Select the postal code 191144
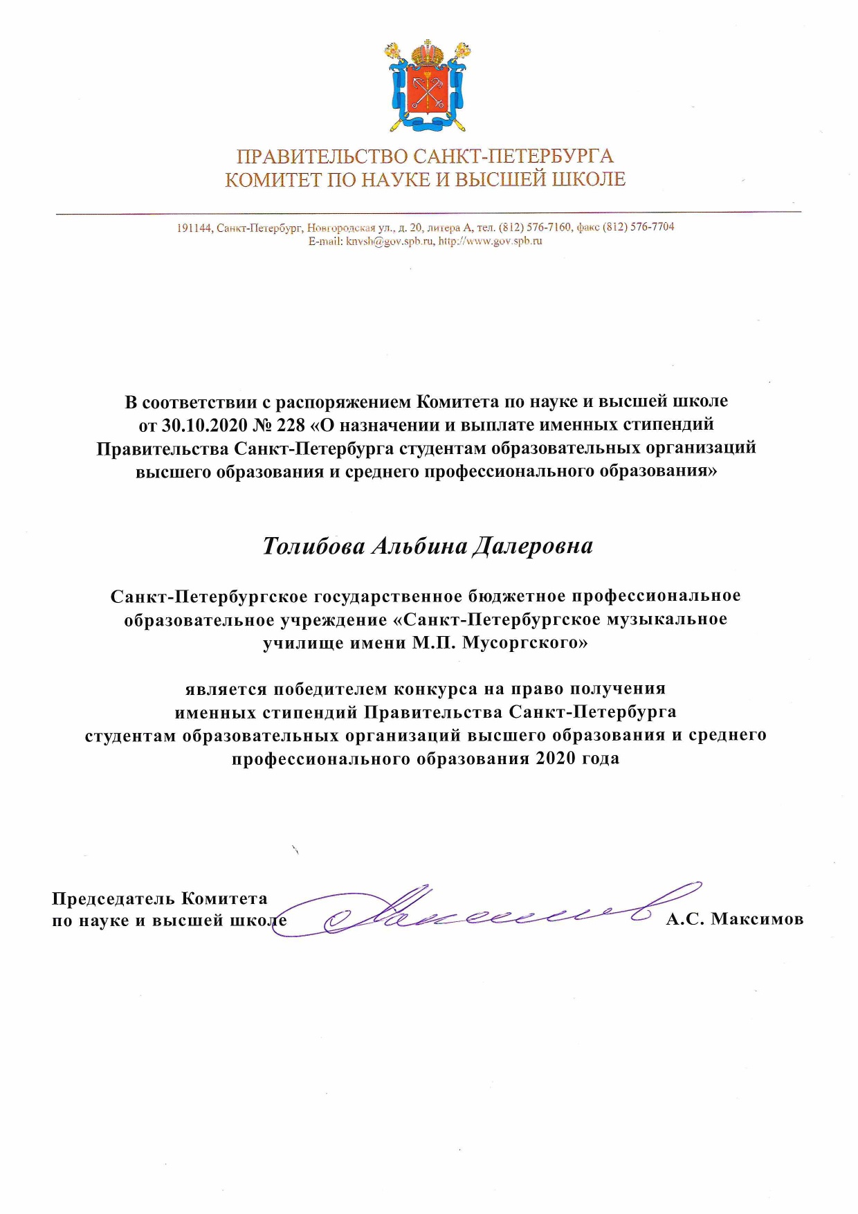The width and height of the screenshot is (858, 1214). pyautogui.click(x=194, y=228)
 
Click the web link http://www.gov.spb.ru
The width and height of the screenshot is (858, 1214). pyautogui.click(x=490, y=242)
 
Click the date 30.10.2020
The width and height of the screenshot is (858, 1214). pyautogui.click(x=205, y=424)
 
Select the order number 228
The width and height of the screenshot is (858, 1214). pyautogui.click(x=291, y=424)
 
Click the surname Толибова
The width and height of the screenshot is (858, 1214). pyautogui.click(x=313, y=546)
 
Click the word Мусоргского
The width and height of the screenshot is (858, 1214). pyautogui.click(x=524, y=643)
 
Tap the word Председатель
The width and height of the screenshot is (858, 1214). pyautogui.click(x=113, y=899)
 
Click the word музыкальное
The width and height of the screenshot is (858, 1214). pyautogui.click(x=667, y=619)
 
